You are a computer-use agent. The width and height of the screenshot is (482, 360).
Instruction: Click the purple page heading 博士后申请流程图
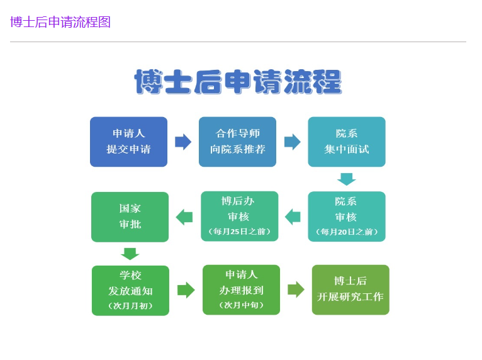coord(60,22)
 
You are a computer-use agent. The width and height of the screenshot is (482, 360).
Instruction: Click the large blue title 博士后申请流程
coord(238,81)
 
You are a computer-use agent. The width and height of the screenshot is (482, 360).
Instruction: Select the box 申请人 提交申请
coord(128,142)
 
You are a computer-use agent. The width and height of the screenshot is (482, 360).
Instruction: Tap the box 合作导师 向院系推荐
coord(237,142)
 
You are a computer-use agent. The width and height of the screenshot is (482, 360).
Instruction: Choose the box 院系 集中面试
coord(347,142)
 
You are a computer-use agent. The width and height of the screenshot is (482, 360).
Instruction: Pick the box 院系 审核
coord(347,217)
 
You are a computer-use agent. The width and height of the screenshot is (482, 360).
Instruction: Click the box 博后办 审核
coord(240,216)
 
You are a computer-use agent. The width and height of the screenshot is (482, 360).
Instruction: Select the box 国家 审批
coord(130,217)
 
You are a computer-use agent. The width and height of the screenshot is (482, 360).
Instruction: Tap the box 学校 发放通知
coord(130,291)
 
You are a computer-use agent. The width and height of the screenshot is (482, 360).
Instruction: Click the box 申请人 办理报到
coord(241,290)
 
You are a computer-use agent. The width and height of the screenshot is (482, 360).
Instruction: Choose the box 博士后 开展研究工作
coord(350,290)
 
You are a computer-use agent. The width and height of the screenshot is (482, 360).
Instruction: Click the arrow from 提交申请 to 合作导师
coord(183,142)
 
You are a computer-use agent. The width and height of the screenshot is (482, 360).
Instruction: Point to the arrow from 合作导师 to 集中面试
coord(293,142)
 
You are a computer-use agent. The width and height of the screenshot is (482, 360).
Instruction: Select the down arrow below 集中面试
coord(347,179)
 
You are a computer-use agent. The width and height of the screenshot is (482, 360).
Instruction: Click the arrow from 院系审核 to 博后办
coord(293,217)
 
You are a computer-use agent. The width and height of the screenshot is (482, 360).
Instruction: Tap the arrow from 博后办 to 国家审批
coord(184,217)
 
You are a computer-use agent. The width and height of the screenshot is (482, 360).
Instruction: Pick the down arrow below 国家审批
coord(130,254)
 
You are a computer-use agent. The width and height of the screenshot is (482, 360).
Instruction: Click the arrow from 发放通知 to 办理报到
coord(186,290)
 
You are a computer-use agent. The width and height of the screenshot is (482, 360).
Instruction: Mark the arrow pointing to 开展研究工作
coord(296,290)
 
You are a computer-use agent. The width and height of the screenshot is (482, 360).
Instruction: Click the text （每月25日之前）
coord(240,232)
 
